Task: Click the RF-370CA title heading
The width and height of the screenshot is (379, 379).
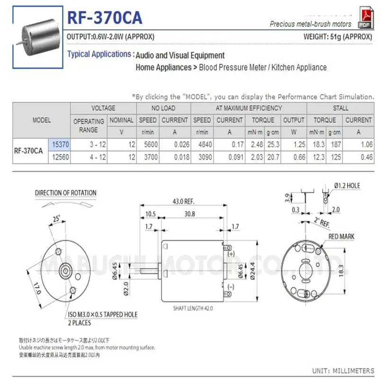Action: pos(104,18)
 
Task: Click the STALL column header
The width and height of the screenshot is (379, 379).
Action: pos(340,108)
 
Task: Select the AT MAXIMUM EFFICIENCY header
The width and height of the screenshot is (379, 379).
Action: pos(249,108)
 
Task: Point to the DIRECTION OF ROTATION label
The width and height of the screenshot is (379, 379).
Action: pos(66,193)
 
